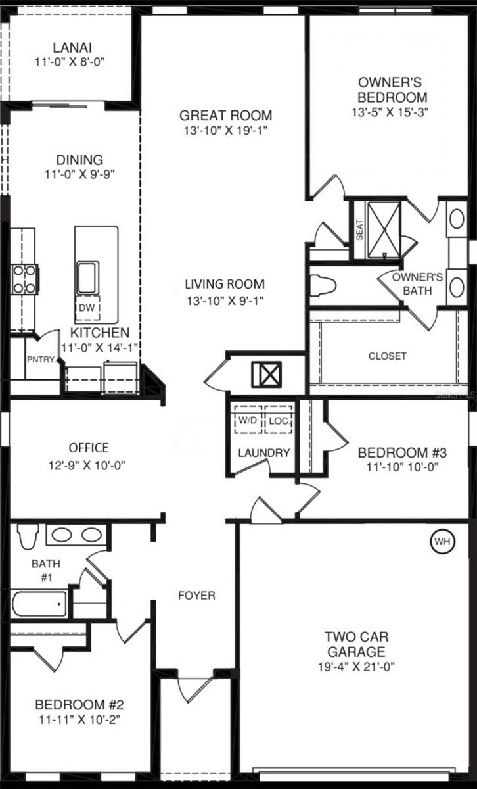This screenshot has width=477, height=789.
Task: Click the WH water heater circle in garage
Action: (441, 542)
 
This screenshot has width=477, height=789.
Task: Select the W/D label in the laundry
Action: (248, 420)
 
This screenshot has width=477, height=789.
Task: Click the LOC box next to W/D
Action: (278, 420)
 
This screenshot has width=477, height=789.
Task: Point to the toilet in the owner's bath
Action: (323, 285)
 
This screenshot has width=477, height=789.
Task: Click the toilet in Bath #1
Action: (28, 535)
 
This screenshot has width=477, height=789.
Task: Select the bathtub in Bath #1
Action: (39, 604)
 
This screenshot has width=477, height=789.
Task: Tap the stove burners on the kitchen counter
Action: (25, 279)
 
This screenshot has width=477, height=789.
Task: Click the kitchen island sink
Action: (87, 277)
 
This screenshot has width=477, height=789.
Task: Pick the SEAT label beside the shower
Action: (359, 230)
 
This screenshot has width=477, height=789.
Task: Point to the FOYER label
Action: (196, 596)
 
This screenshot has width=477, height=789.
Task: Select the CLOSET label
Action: (386, 356)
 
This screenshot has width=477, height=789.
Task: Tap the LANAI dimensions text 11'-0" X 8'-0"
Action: (71, 62)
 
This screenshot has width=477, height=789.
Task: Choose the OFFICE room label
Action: (89, 448)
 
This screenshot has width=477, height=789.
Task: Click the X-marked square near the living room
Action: (266, 375)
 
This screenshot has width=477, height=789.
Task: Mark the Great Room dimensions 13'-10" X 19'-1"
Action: (226, 131)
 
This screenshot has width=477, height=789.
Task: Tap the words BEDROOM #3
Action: (402, 452)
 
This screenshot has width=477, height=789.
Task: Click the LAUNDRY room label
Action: (263, 452)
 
